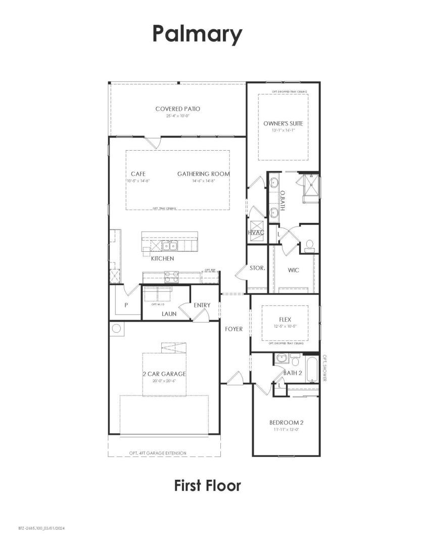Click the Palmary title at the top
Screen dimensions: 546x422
tap(198, 35)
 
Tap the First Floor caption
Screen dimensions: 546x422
tap(207, 486)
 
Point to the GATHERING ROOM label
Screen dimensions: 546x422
tap(203, 174)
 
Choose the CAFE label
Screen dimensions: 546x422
tap(138, 174)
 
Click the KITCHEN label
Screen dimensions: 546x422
tap(162, 258)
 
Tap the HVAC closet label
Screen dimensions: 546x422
tap(257, 232)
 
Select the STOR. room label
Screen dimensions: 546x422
tap(257, 268)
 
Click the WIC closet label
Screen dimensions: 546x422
tap(293, 270)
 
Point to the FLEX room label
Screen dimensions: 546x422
tap(286, 320)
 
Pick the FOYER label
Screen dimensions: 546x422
tap(234, 329)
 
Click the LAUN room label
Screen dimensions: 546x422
tap(169, 314)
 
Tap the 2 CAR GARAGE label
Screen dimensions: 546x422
tap(164, 374)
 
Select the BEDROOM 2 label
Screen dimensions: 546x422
tap(286, 422)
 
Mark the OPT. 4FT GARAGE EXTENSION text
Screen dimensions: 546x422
tap(158, 453)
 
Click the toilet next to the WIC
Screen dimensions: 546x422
tap(309, 246)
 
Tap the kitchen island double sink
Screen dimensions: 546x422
tap(169, 246)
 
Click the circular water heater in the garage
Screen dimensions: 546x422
tap(116, 329)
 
